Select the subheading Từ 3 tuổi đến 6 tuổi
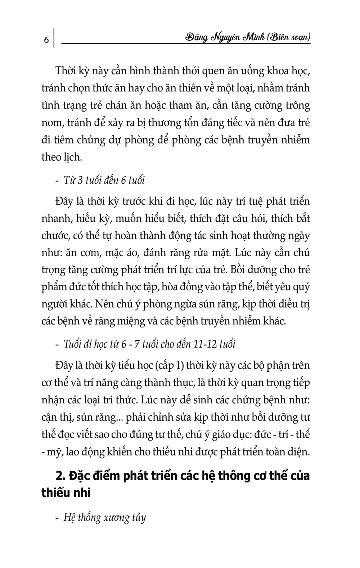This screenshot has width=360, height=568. coord(104,180)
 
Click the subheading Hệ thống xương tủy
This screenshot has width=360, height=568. coord(104,518)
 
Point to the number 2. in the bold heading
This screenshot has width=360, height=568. coord(60,475)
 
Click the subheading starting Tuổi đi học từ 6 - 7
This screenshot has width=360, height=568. coord(149,344)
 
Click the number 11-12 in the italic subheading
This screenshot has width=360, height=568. coord(205,344)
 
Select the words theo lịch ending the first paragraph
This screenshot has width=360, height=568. coord(61,157)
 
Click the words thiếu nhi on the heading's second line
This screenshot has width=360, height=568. coord(66,493)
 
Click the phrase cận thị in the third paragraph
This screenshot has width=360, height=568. coord(54,417)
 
